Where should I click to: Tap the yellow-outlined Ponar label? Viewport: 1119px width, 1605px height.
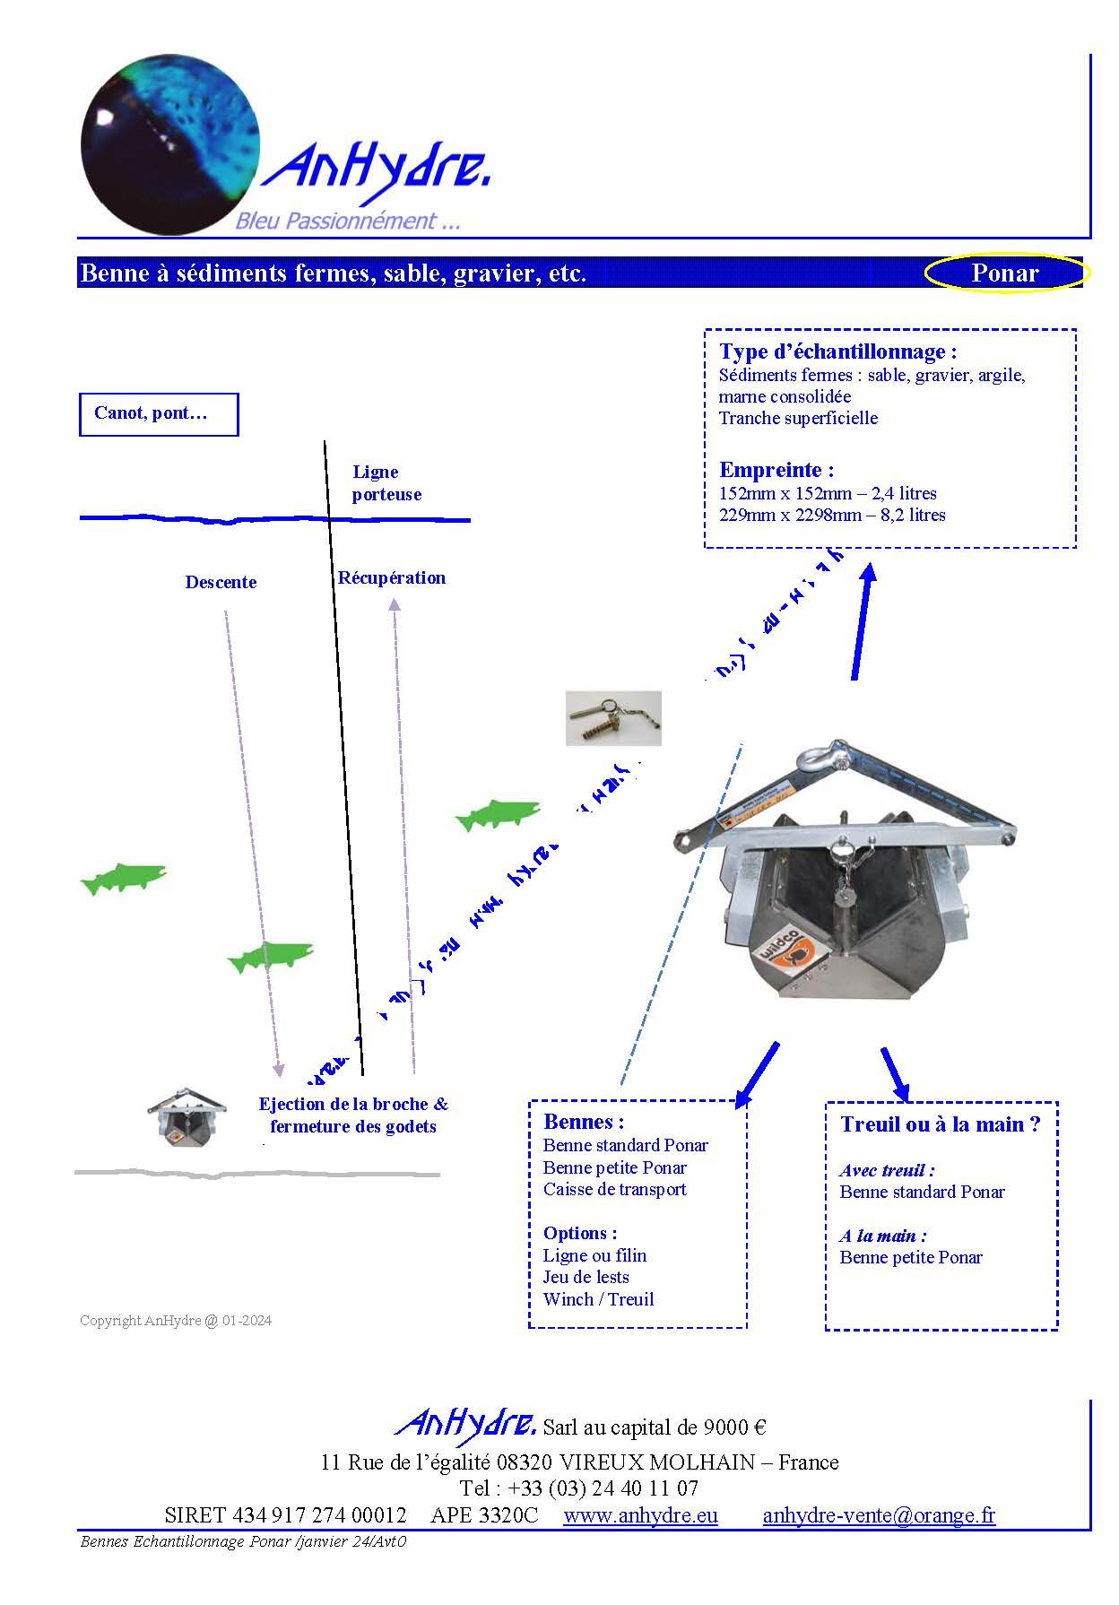coord(1004,273)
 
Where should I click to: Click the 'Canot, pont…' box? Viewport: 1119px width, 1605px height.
coord(159,414)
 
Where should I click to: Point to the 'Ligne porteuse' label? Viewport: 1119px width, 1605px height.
coord(386,483)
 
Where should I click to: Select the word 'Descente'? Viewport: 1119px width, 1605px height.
coord(221,583)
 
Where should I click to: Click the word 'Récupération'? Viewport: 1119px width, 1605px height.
coord(391,578)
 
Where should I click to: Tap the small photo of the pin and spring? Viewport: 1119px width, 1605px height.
coord(613,718)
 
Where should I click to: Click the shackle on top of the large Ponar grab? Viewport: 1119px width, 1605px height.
coord(820,759)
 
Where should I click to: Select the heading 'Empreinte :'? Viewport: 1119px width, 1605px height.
coord(776,470)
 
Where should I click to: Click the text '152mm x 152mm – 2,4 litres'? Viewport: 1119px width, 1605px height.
coord(827,494)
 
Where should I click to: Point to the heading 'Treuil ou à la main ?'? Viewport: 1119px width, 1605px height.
coord(940,1124)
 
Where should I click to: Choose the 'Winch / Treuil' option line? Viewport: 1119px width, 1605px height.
coord(598,1299)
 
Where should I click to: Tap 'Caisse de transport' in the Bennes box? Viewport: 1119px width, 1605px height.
coord(614,1190)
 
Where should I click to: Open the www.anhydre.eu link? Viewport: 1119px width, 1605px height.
coord(640,1515)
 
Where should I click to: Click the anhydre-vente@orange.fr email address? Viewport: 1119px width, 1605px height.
coord(879,1515)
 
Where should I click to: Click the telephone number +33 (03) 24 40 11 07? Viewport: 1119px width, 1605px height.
coord(603,1488)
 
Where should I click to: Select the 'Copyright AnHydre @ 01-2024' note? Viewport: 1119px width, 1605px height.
coord(176,1321)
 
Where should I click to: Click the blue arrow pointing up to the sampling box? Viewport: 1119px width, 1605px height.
coord(862,620)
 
